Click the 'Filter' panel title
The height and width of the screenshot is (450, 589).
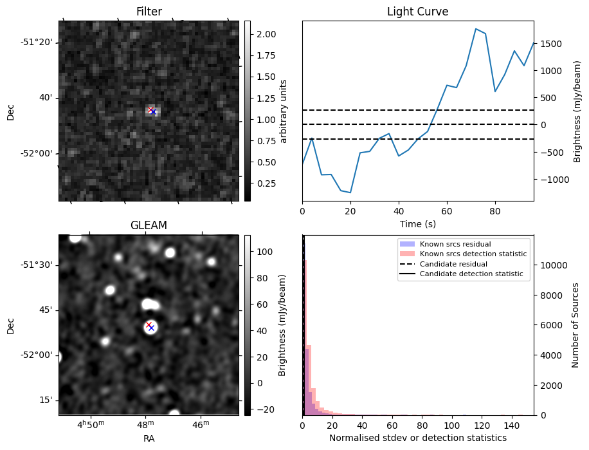[x=149, y=12]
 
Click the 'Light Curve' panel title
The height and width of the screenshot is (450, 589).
[x=417, y=12]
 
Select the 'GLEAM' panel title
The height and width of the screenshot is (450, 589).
[x=149, y=225]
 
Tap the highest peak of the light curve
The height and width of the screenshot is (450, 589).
[x=475, y=29]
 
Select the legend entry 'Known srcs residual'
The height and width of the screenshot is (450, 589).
[x=451, y=245]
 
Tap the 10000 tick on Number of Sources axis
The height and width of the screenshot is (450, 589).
[x=552, y=265]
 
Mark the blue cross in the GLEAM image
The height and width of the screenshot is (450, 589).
[x=151, y=328]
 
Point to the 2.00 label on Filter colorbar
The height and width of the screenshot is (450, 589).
[x=266, y=34]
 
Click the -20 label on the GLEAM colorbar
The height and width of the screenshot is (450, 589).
[x=264, y=409]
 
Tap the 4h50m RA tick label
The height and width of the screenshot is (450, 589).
[x=91, y=425]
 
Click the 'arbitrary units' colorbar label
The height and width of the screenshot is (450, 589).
[x=284, y=111]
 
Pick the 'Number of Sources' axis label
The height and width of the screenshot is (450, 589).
[x=575, y=325]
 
